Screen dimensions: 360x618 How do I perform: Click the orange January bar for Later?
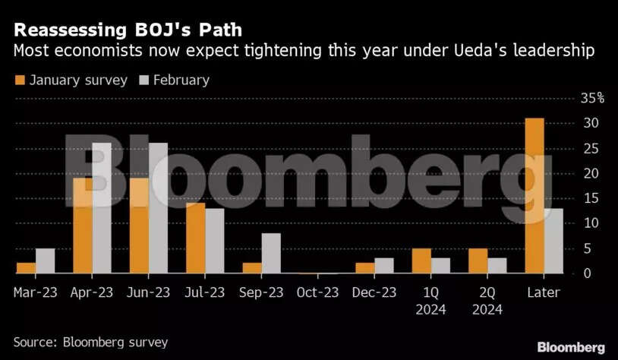tap(534, 196)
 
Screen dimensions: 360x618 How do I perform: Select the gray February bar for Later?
tap(553, 241)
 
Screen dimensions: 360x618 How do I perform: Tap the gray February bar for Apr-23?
tap(102, 208)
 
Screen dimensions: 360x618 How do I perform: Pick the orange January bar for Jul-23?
tap(196, 238)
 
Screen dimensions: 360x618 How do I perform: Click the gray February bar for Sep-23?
tap(271, 253)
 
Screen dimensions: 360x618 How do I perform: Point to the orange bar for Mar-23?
tap(27, 267)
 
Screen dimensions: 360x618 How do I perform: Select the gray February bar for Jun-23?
tap(158, 208)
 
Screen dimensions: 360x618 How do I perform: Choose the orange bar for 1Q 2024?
tap(421, 261)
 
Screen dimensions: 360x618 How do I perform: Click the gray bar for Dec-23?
tap(384, 265)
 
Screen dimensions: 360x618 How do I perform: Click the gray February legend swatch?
tap(143, 80)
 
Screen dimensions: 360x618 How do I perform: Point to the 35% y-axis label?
tap(592, 98)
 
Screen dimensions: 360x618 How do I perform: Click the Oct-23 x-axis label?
tap(317, 292)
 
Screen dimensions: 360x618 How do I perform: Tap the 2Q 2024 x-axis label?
tap(487, 301)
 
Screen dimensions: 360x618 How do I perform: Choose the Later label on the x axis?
tap(544, 292)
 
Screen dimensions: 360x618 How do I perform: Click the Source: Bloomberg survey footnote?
tap(90, 342)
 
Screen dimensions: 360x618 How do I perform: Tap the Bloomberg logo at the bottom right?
tap(571, 346)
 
